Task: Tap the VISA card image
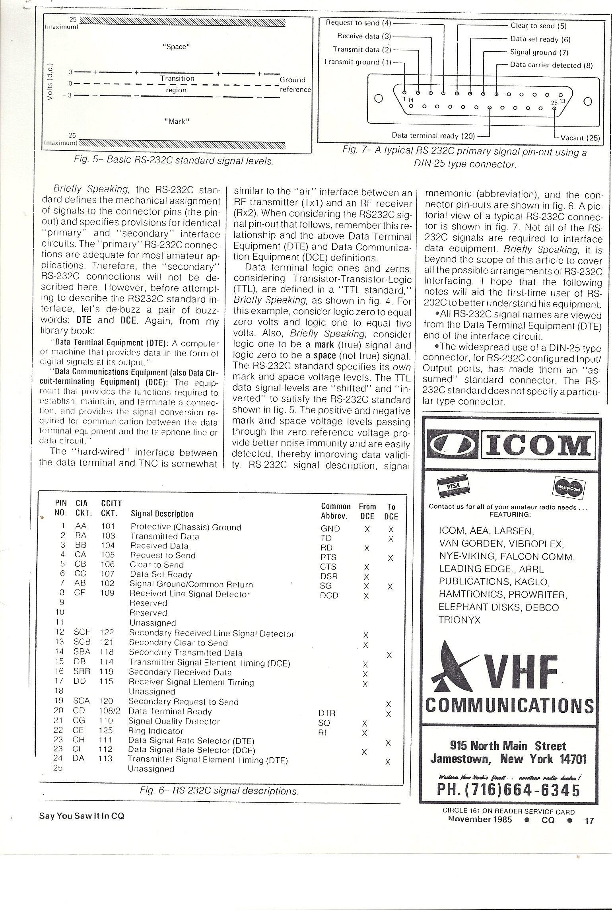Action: coord(453,488)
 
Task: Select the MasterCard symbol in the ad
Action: coord(569,487)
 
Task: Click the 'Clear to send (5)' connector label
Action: coord(538,26)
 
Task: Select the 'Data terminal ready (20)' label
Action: coord(433,135)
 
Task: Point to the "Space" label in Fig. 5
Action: coord(176,47)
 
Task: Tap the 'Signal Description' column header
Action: coord(162,514)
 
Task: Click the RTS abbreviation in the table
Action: coord(328,557)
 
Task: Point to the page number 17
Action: coord(589,820)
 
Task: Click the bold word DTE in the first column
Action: coord(84,320)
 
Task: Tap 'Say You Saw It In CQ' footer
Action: coord(82,816)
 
